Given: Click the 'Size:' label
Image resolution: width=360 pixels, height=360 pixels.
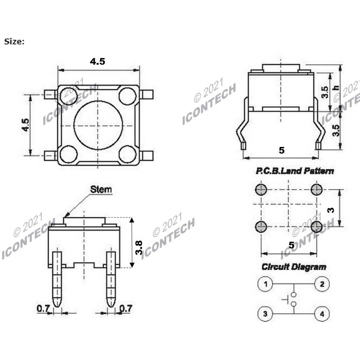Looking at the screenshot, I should [14, 41].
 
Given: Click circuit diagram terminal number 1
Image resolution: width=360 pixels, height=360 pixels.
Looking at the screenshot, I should [265, 284].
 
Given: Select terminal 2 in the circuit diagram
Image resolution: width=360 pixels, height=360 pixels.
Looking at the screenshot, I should [322, 284].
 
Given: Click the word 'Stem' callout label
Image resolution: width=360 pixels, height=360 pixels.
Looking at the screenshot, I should [101, 189].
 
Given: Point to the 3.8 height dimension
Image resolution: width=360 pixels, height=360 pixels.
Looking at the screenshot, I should [139, 247].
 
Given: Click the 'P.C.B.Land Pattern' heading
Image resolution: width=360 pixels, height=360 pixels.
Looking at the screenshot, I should [294, 171].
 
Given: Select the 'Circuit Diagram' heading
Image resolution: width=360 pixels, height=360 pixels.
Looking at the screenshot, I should [294, 267].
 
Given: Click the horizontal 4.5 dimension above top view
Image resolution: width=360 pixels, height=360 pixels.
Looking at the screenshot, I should [97, 62].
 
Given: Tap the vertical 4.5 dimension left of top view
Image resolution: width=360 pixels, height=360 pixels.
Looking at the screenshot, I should [25, 125].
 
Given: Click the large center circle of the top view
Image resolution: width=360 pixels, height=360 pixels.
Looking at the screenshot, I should [98, 125].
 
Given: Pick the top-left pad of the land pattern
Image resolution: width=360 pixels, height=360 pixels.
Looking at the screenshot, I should [261, 190].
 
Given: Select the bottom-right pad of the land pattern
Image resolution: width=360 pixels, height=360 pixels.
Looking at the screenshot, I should [316, 227].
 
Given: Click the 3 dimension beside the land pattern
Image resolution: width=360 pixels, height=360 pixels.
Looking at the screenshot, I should [330, 210].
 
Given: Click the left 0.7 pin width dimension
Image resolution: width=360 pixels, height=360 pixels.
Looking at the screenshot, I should [43, 309].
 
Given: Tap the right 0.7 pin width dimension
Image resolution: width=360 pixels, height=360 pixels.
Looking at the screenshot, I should [126, 309].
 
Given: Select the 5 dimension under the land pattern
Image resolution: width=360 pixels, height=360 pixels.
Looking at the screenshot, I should [291, 245].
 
